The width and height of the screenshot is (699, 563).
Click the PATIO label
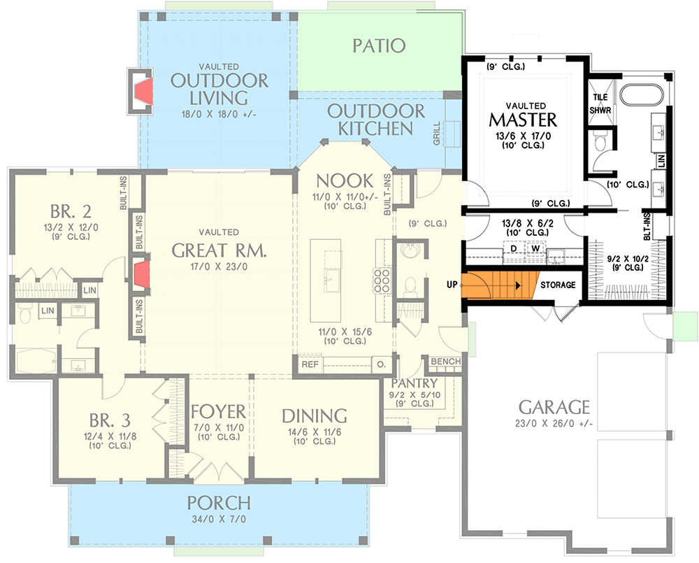[378, 46]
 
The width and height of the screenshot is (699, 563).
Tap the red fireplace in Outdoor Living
[144, 92]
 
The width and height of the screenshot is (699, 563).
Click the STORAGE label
[558, 285]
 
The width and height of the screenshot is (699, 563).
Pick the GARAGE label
[554, 407]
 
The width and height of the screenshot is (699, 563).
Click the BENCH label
[446, 362]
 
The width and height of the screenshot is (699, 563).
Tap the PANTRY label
[415, 384]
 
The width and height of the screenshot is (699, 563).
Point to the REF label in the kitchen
[310, 364]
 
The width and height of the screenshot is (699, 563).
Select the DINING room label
[315, 415]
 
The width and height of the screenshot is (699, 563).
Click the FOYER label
[218, 411]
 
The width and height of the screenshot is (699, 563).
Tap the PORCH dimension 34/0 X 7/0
[218, 519]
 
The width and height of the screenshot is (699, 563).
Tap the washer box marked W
[535, 249]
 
